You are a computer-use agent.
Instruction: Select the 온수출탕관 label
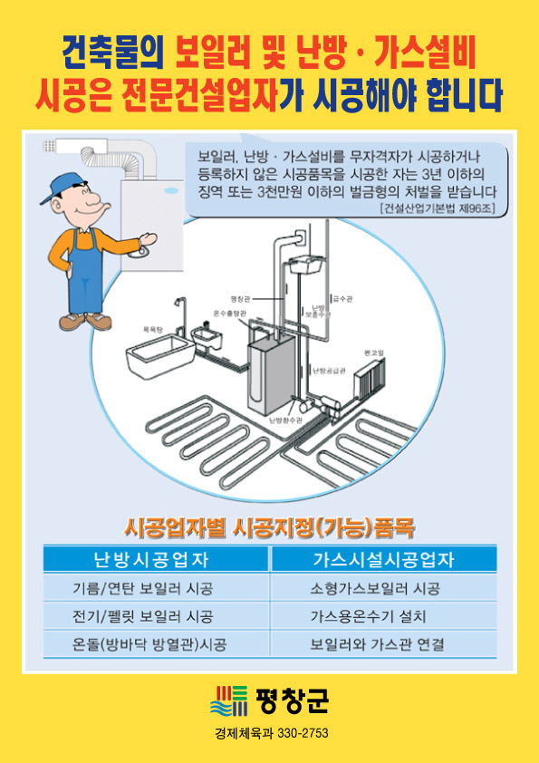point(228,312)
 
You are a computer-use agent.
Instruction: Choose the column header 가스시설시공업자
point(383,558)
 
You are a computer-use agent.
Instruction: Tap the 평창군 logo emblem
point(229,700)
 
